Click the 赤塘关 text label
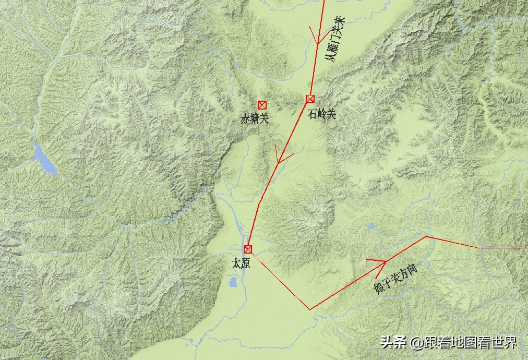(254, 119)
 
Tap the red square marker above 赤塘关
(262, 105)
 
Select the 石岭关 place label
(322, 114)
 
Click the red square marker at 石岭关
(310, 99)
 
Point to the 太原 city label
(241, 263)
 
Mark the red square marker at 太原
(248, 249)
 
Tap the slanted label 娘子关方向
(396, 279)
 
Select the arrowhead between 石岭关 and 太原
(282, 157)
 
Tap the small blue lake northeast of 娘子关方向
(370, 227)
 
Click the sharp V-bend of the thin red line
(310, 309)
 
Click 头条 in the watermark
(393, 343)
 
